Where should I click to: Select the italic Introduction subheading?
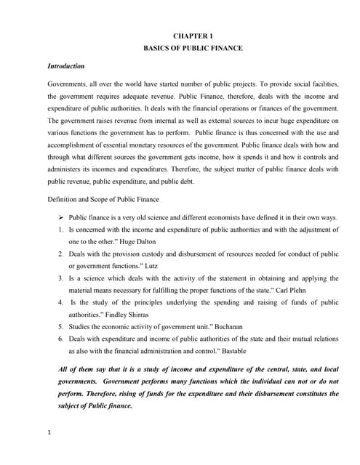click(x=66, y=66)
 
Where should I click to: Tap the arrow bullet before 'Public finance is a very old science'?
click(x=61, y=217)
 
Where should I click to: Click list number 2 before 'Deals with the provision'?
click(x=60, y=254)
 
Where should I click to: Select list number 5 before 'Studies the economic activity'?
click(x=60, y=328)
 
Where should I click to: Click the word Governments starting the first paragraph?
click(x=69, y=84)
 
